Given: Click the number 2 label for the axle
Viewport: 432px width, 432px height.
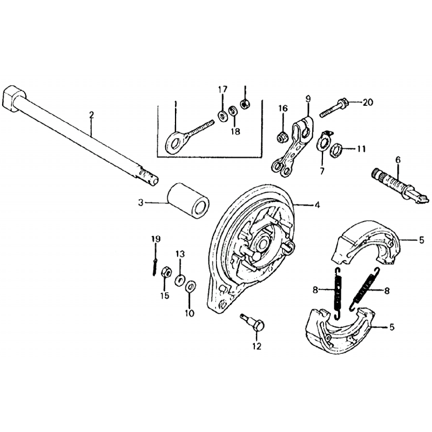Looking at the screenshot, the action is click(x=91, y=115).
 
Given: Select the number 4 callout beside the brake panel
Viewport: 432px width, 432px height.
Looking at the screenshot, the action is click(x=317, y=205).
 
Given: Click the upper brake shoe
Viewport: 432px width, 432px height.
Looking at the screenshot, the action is click(x=366, y=242).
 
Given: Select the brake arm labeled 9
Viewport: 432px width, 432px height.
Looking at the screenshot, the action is click(x=293, y=146).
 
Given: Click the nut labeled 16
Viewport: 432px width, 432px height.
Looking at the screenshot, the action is click(x=281, y=137).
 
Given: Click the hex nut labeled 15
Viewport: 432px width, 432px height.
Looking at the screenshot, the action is click(x=166, y=273).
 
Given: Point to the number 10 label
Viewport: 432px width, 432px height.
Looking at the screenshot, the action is click(x=190, y=313).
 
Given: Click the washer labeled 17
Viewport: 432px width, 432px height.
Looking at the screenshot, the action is click(x=222, y=116).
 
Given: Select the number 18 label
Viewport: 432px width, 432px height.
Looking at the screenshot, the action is click(x=235, y=131).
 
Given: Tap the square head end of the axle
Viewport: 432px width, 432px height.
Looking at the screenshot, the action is click(x=13, y=99).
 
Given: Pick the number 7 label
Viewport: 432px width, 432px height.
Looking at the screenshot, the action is click(x=322, y=171).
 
